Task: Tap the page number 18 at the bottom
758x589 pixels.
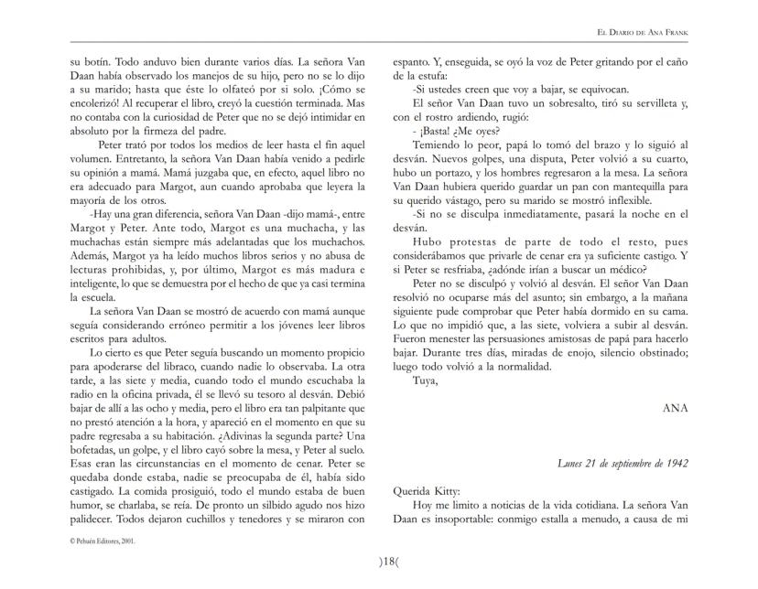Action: (379, 562)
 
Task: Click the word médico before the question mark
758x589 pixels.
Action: (623, 270)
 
